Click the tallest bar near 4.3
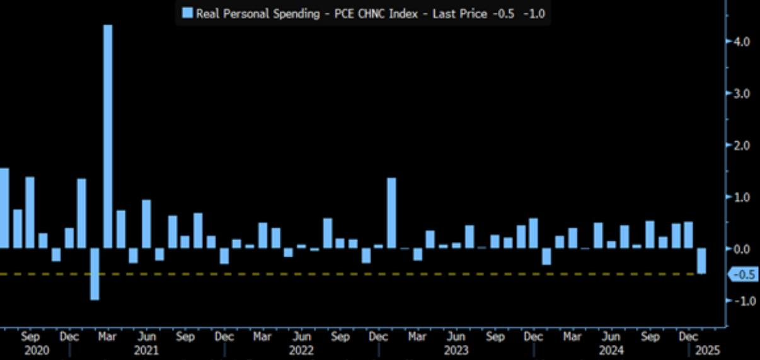pos(108,136)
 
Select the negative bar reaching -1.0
pos(95,274)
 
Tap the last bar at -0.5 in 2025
pos(701,261)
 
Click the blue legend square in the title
pos(187,13)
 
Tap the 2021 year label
pos(146,350)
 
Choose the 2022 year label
pos(301,350)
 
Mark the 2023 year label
pos(456,350)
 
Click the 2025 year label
pos(706,350)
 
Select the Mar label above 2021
pos(108,337)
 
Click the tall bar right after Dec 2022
pos(391,213)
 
